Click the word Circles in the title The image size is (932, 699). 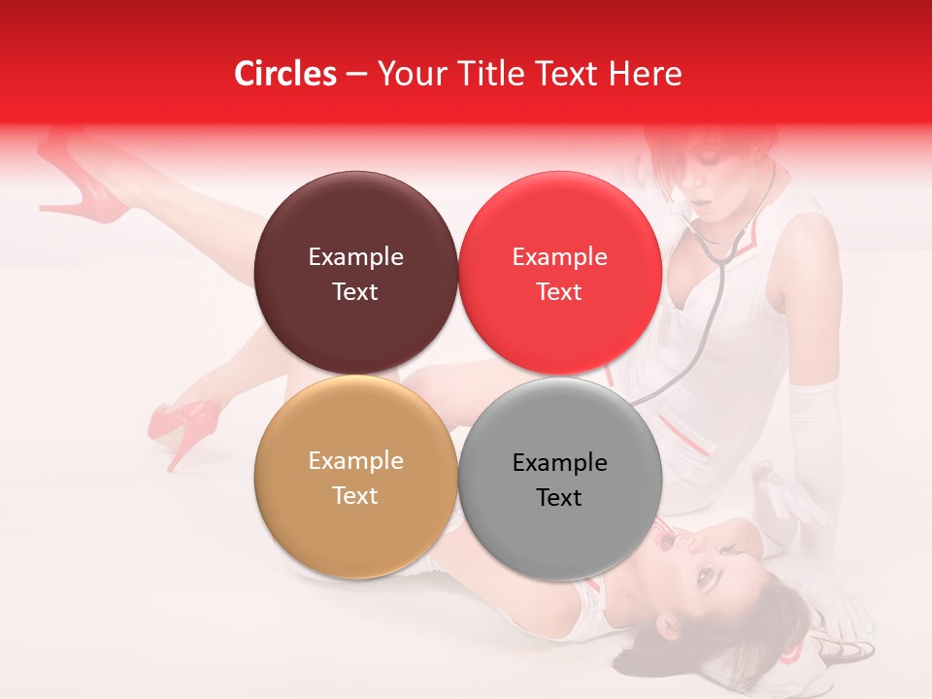coord(284,74)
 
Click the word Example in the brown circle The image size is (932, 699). coord(355,257)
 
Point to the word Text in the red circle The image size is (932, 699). coord(559,292)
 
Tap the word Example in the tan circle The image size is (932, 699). coord(355,461)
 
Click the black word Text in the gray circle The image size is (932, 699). coord(559,498)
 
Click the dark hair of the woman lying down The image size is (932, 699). coord(767,621)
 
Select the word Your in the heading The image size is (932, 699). coord(409,74)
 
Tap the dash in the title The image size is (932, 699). coord(356,75)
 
